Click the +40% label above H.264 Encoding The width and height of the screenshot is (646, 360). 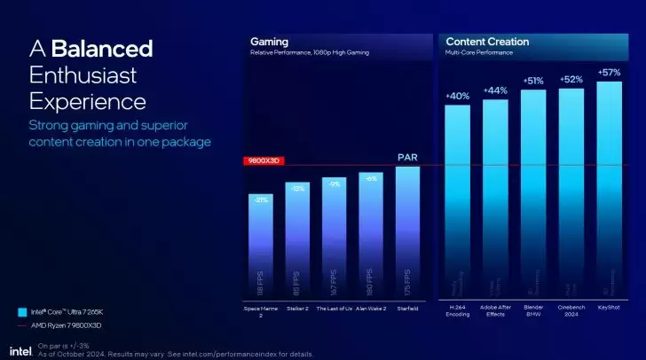pos(457,96)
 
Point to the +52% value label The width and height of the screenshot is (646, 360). pos(571,80)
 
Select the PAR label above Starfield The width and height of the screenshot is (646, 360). pos(407,158)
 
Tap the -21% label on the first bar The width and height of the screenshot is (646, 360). pos(261,200)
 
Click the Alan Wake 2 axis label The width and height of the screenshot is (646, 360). pos(371,309)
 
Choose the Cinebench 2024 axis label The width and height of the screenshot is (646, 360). pos(571,312)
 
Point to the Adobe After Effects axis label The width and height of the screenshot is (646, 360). pos(495,312)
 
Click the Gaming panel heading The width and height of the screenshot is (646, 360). pos(269,41)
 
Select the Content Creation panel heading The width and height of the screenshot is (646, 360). pos(487,41)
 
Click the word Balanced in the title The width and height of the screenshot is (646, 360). pos(102,48)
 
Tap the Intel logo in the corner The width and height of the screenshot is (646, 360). pos(21,350)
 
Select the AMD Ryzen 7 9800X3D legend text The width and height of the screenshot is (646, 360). pos(67,326)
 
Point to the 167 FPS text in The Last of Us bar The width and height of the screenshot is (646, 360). pos(334,283)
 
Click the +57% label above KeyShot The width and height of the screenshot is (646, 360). pos(609,73)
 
